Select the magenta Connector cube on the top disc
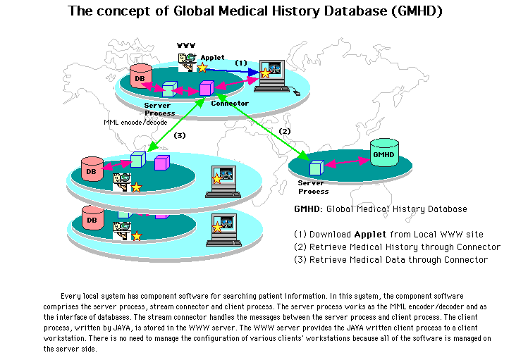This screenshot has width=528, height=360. pyautogui.click(x=206, y=89)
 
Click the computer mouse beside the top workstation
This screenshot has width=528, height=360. pyautogui.click(x=296, y=92)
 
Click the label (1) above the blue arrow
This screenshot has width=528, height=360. pyautogui.click(x=241, y=63)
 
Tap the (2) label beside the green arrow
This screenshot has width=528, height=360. pyautogui.click(x=285, y=131)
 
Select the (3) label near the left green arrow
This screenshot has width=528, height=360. pyautogui.click(x=179, y=135)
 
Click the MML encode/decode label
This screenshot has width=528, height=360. pyautogui.click(x=135, y=122)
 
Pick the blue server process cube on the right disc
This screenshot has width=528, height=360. pyautogui.click(x=317, y=168)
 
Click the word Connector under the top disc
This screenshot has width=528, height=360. pyautogui.click(x=230, y=104)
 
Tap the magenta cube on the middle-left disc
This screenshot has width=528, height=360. pyautogui.click(x=161, y=163)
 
